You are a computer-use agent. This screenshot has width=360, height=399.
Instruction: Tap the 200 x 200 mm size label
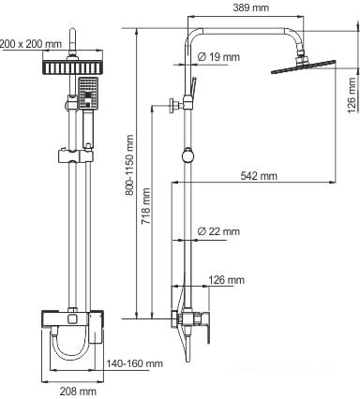[x=32, y=43]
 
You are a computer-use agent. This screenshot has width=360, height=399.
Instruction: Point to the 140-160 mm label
[x=134, y=363]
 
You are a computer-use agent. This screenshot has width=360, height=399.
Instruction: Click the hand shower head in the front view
[x=88, y=95]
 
